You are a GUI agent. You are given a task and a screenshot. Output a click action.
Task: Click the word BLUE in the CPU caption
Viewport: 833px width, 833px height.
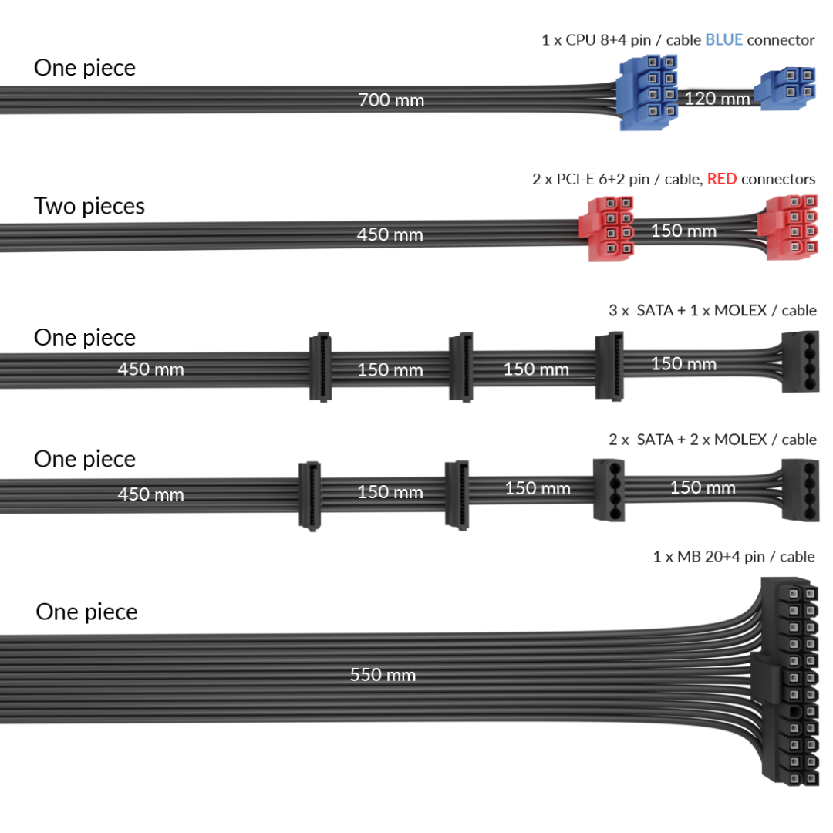point(723,39)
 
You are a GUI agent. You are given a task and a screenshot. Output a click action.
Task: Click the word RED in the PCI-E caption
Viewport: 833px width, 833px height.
point(721,179)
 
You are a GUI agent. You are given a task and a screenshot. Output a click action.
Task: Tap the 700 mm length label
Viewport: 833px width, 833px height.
point(391,100)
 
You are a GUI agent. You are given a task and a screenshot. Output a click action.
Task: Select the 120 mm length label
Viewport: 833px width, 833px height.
point(717,99)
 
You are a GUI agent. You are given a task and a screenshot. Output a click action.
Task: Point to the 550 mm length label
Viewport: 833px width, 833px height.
point(383,675)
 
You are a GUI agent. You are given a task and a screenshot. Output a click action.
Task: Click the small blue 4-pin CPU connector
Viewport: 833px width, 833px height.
point(787,89)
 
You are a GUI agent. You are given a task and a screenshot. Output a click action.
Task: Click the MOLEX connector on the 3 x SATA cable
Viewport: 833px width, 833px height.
point(799,361)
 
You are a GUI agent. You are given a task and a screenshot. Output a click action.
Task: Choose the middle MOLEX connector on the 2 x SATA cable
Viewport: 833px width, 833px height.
point(608,489)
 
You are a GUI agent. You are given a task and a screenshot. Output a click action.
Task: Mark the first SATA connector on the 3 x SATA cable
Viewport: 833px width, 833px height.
point(320,366)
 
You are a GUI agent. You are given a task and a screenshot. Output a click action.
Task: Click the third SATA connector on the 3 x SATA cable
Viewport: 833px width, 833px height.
point(609,365)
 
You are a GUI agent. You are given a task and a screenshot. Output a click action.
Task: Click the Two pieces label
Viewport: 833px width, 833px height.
point(89,206)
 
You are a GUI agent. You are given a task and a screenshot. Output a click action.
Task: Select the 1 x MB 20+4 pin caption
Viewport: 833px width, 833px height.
point(733,556)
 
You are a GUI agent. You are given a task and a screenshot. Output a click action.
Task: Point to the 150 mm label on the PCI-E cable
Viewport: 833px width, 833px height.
point(683,231)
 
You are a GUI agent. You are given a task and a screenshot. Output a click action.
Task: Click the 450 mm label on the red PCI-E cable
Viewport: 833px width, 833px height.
point(390,234)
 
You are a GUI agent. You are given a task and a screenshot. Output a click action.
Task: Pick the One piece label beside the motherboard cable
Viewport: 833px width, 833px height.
point(86,612)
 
